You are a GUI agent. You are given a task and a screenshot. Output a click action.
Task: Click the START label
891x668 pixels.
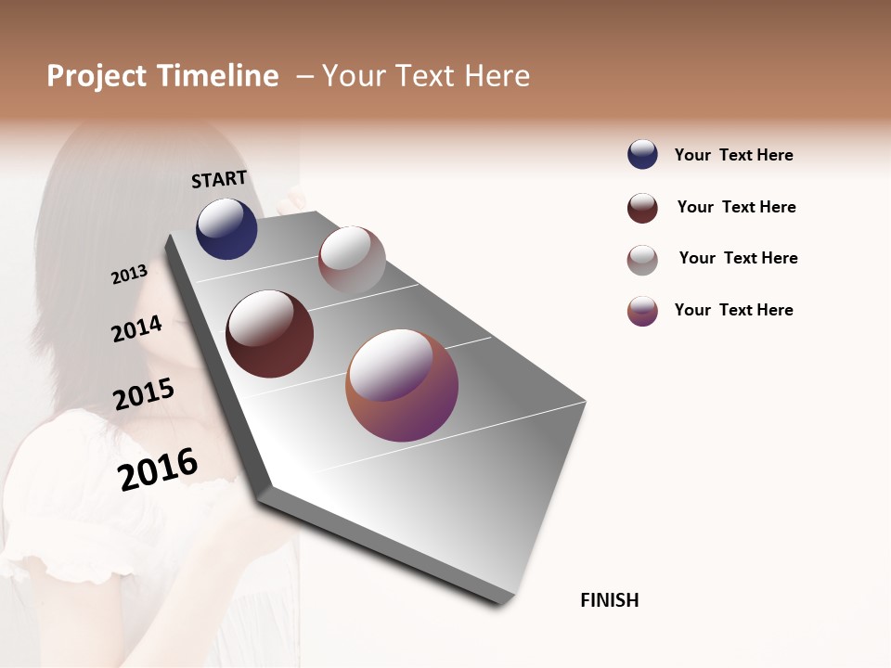[219, 179]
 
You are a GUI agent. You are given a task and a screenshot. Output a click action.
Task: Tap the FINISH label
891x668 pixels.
[609, 600]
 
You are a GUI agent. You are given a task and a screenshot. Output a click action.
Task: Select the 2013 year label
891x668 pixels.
[129, 275]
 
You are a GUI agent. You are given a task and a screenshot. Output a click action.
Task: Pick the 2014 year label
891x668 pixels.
[136, 328]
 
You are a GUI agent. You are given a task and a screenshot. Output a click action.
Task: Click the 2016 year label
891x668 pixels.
[158, 469]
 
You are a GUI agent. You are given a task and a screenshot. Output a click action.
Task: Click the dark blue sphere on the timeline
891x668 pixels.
[226, 228]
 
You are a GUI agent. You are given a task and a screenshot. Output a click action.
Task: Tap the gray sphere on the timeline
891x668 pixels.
[352, 260]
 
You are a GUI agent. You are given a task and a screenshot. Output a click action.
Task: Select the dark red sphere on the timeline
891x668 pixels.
[269, 334]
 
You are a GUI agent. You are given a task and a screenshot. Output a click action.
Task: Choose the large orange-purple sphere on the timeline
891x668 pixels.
[402, 385]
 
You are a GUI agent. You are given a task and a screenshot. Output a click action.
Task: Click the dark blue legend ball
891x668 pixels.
[642, 155]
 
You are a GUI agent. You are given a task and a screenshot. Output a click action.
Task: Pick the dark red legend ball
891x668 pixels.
[642, 208]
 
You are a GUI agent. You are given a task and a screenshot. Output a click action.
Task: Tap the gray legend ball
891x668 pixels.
[642, 260]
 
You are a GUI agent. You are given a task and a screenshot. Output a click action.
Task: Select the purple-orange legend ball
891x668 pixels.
[642, 311]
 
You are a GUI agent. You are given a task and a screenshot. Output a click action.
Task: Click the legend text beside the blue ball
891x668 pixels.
[733, 155]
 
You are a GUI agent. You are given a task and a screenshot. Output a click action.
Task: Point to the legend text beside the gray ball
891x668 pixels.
[738, 258]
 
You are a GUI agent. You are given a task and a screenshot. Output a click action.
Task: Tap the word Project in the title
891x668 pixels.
[97, 76]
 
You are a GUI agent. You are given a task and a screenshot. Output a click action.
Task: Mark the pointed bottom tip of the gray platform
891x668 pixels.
[502, 603]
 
